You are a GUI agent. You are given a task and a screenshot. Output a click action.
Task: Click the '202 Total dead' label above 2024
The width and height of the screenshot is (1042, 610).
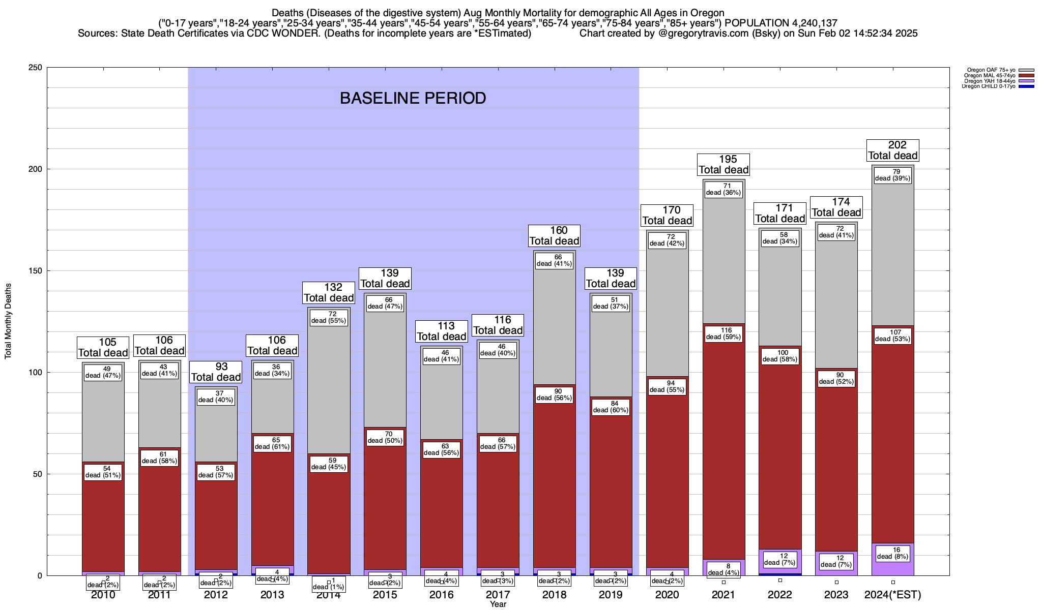893,150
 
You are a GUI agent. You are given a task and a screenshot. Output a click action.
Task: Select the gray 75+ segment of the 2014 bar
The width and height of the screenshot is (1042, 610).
329,396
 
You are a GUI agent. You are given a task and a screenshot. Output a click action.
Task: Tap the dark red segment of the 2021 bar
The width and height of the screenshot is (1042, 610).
723,457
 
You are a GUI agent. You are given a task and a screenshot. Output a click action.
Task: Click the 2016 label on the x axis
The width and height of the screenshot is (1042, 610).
442,595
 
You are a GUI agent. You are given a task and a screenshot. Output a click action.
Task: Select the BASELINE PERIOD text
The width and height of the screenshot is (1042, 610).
413,98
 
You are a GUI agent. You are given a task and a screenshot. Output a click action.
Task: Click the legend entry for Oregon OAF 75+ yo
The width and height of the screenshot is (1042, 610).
990,70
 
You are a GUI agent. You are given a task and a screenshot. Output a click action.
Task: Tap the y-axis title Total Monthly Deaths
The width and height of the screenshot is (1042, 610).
8,321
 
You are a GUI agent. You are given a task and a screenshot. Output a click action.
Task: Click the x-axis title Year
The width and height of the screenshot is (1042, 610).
498,604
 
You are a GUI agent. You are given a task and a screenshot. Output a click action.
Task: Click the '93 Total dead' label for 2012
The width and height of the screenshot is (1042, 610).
216,372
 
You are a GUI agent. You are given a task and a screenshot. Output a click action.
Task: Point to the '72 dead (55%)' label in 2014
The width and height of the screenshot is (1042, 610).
329,317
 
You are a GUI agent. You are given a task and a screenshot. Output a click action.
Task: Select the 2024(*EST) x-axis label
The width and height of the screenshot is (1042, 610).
893,595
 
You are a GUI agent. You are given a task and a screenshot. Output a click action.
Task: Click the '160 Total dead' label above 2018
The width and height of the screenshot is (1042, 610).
554,236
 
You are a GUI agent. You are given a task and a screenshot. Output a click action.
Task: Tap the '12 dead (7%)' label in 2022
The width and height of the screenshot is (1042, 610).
780,559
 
